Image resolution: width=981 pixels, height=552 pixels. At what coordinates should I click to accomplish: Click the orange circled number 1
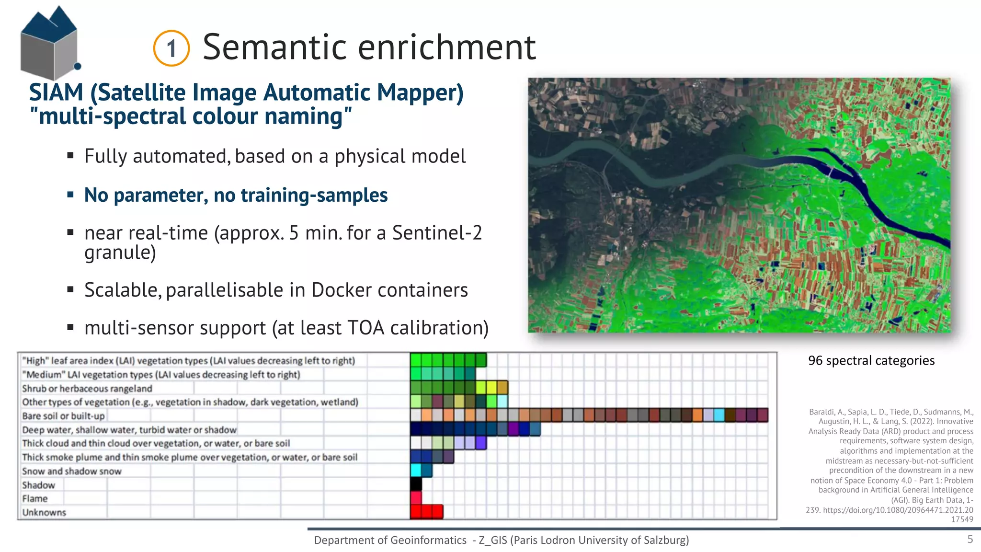171,48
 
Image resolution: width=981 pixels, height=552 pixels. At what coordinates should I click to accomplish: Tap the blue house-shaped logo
49,43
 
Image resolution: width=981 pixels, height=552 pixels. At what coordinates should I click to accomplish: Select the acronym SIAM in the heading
56,92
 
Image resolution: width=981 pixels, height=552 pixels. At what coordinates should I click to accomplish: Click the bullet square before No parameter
70,195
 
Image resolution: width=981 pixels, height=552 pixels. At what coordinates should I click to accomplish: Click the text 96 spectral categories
871,360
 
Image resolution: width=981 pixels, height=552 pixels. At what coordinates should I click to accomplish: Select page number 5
970,540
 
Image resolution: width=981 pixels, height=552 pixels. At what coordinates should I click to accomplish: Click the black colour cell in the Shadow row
416,484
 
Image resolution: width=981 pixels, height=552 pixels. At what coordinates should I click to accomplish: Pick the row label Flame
35,499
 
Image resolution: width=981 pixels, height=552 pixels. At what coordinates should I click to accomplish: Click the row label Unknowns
44,513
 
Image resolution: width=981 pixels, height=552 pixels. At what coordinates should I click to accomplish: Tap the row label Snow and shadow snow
72,471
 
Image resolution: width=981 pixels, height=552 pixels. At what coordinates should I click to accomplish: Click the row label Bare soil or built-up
63,416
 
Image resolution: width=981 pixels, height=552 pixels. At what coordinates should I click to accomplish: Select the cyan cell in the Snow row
416,470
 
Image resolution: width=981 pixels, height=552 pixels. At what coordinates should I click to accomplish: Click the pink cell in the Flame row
416,498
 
